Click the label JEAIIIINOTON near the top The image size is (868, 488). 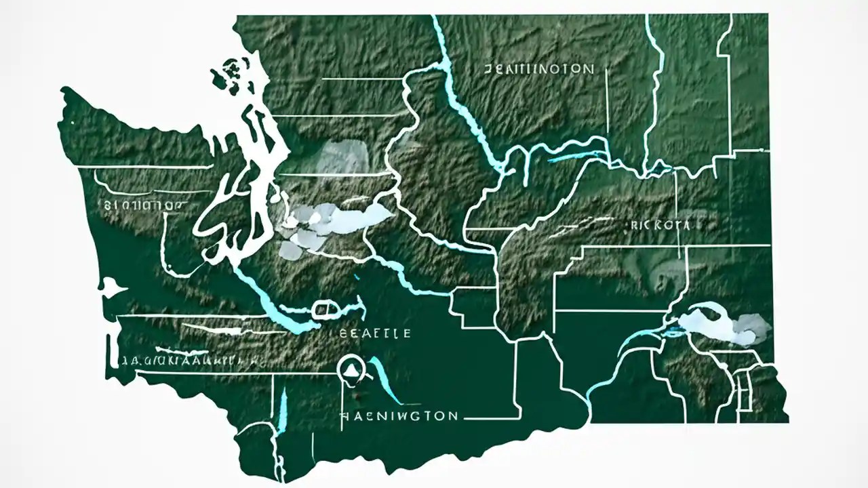[x=540, y=69]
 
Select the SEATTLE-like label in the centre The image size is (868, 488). [x=374, y=333]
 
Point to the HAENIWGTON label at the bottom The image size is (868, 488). [x=399, y=415]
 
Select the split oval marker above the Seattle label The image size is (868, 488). [x=325, y=310]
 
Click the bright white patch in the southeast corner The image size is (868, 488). [x=726, y=327]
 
